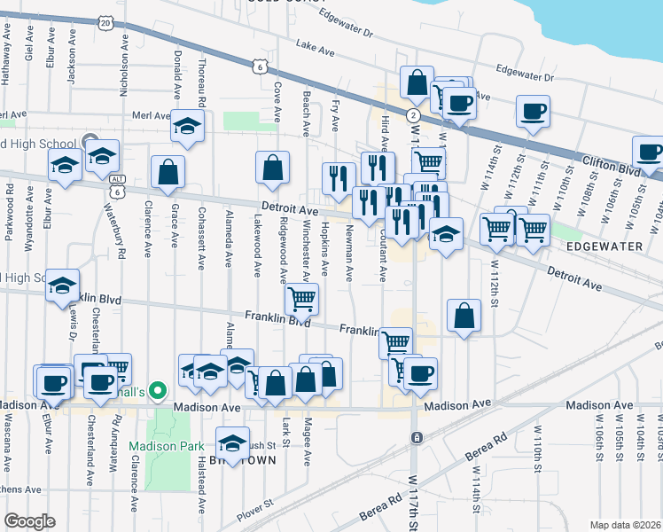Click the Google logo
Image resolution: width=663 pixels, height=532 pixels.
[x=29, y=521]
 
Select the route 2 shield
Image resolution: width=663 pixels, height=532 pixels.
[x=413, y=115]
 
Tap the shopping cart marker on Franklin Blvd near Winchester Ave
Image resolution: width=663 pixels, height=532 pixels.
[x=301, y=299]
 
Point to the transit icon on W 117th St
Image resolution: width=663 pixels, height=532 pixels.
[x=416, y=437]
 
